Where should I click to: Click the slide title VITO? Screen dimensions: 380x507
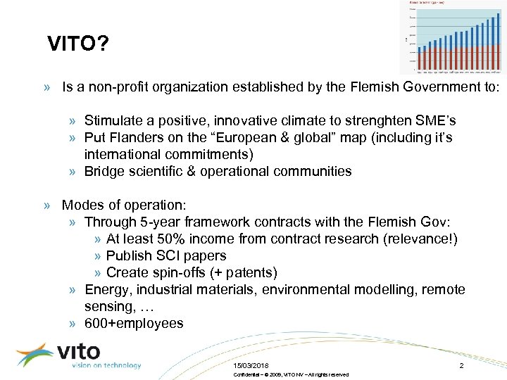coord(77,46)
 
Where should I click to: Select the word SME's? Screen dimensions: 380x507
coord(439,120)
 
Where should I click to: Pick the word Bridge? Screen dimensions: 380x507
coord(104,171)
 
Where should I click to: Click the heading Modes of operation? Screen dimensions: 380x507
coord(124,205)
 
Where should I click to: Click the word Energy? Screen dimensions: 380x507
coord(106,289)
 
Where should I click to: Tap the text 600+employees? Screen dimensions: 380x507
coord(134,323)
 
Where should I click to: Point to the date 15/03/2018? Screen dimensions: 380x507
coord(250,365)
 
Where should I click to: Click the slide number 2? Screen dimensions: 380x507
coord(461,365)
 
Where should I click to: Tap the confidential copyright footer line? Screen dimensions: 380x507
coord(290,374)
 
